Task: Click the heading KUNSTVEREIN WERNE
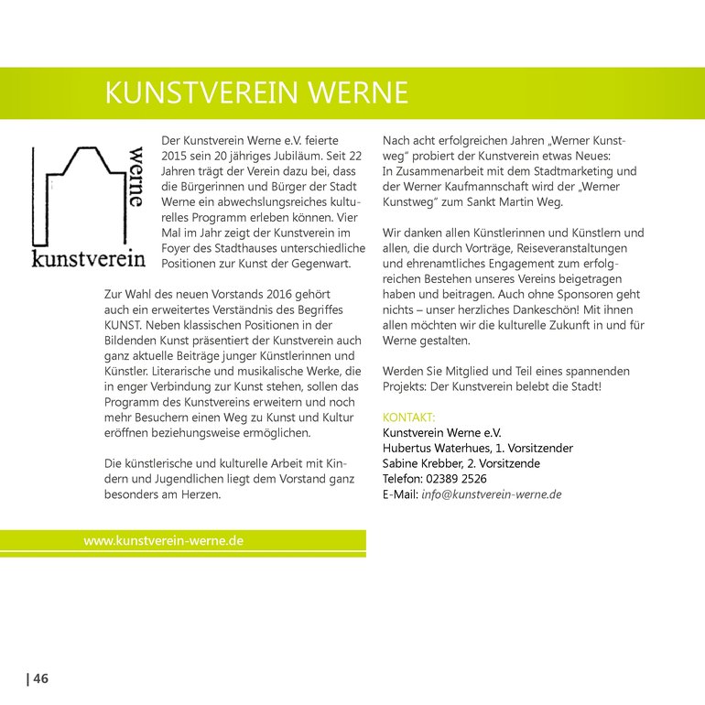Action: click(x=256, y=94)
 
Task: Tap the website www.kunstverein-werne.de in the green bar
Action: click(x=163, y=541)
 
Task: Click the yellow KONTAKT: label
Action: click(x=408, y=418)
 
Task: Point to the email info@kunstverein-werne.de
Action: click(x=491, y=494)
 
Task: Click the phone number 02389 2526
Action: click(x=456, y=479)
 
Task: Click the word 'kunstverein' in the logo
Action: click(x=88, y=259)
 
